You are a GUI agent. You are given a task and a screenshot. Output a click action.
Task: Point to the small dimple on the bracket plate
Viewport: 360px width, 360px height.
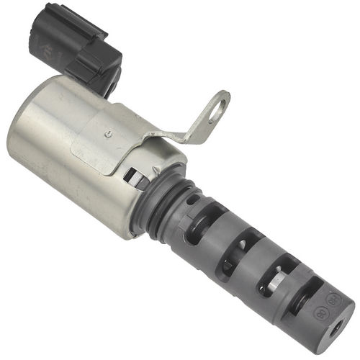coord(107,133)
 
